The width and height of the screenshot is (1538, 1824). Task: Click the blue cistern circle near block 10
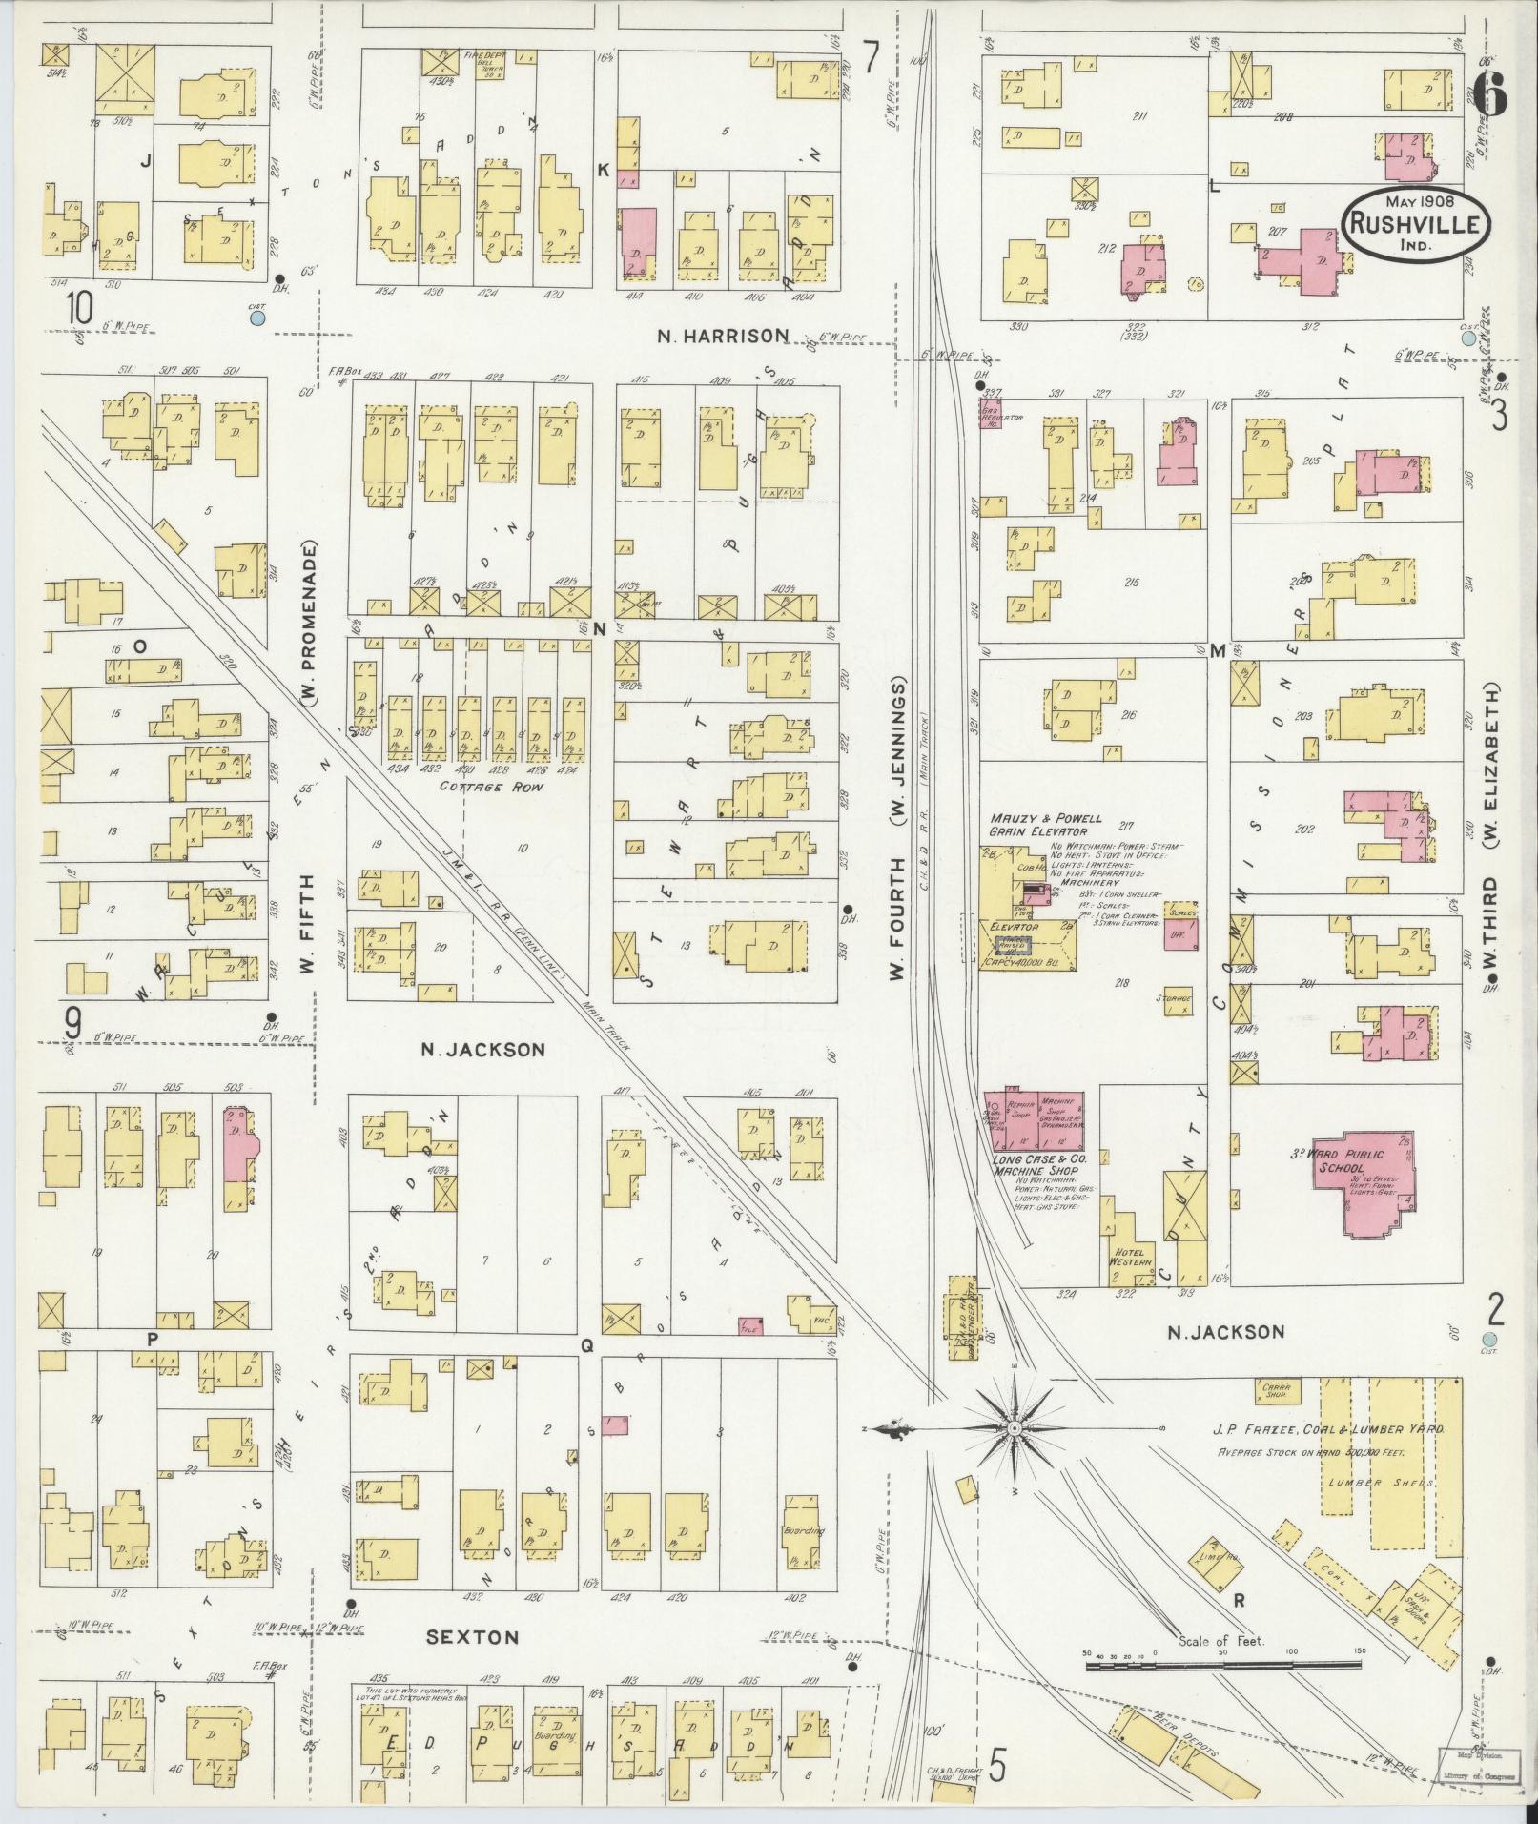click(256, 318)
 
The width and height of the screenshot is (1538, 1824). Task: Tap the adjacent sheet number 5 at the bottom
click(997, 1766)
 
